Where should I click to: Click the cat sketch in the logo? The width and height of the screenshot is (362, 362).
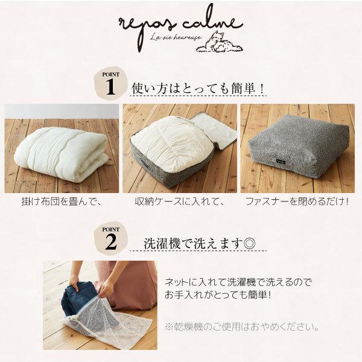220,42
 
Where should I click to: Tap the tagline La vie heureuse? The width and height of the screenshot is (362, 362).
176,37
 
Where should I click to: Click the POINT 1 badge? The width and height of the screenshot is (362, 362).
110,83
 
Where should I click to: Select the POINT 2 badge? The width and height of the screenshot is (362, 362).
111,238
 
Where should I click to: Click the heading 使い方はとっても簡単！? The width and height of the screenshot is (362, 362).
198,89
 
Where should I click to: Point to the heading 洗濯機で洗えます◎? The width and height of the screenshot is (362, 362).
199,243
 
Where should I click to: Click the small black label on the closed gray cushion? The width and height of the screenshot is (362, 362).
280,162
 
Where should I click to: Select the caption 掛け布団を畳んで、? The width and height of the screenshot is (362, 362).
62,202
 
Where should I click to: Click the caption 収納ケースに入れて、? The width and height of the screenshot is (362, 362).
180,202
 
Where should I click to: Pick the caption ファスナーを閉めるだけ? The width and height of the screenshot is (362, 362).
297,202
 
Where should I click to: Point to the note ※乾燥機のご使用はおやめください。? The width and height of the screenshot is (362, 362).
242,327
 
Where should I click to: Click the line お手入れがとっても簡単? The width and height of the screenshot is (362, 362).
217,295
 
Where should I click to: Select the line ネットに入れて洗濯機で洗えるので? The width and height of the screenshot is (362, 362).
238,282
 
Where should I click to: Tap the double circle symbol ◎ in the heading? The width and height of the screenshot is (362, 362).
249,243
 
